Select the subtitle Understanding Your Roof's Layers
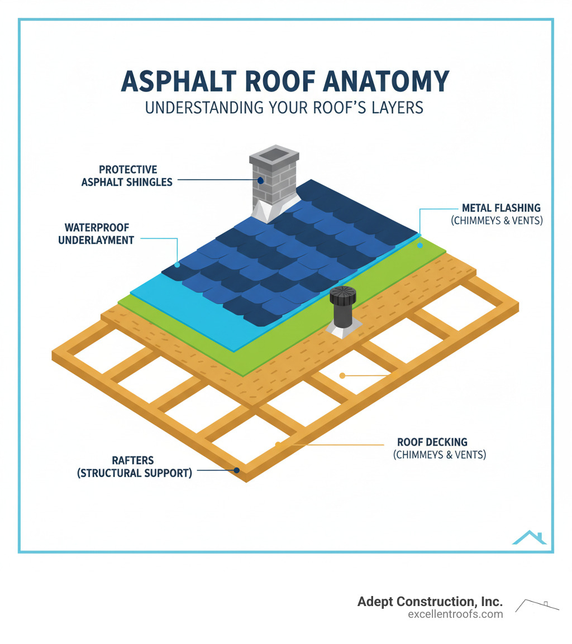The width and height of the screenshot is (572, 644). point(284,107)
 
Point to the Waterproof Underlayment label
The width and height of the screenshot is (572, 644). point(96,234)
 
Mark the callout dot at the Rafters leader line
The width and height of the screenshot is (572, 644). point(237,470)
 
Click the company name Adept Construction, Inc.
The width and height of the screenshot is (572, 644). point(430,602)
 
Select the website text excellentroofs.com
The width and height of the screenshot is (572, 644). point(455,614)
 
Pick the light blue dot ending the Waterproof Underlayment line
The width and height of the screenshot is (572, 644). point(177,265)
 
